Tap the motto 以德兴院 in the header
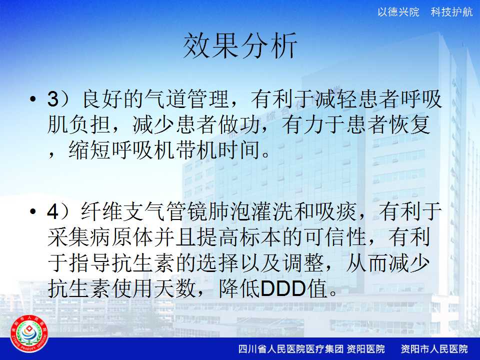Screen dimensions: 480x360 [398, 12]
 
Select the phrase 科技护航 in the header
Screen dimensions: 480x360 [451, 12]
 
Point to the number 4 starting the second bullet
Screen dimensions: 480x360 [52, 212]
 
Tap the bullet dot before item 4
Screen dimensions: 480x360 [33, 211]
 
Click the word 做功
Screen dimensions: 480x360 [240, 125]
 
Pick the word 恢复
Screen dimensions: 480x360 [409, 125]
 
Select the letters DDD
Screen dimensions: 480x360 [283, 288]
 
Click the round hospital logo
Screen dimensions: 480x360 [29, 334]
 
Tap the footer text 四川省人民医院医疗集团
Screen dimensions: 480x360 [291, 348]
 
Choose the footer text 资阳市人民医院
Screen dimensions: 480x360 [434, 348]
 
